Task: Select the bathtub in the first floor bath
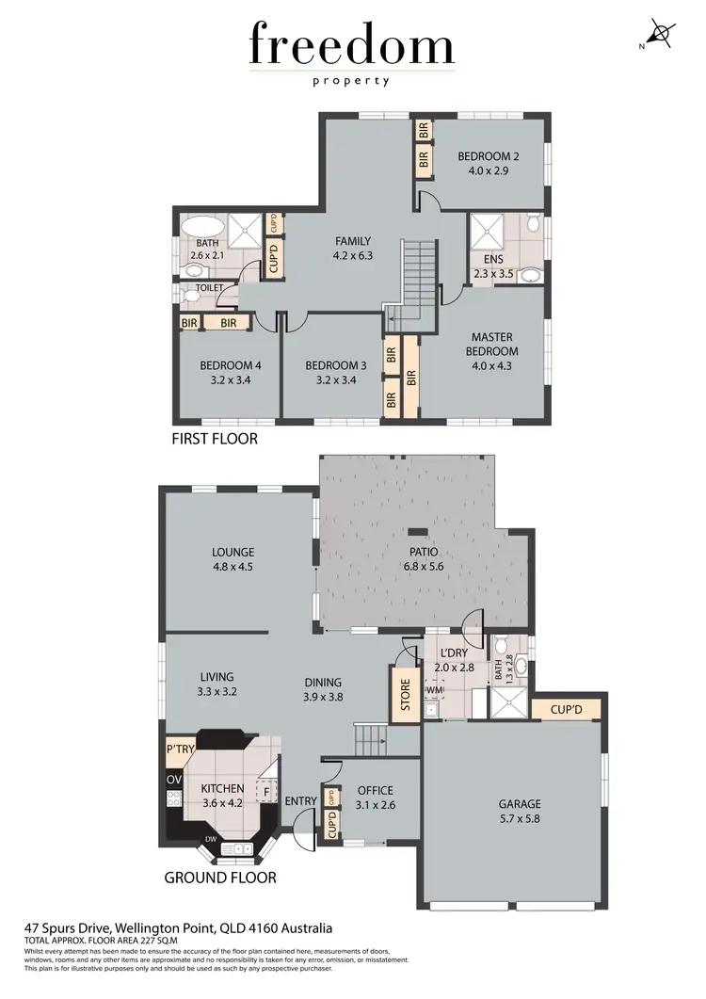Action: point(201,227)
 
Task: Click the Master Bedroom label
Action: point(494,345)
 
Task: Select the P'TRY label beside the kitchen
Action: point(179,749)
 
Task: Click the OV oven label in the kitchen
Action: point(174,781)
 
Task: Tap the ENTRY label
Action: point(301,800)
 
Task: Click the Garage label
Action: point(520,804)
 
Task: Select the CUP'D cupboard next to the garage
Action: point(565,709)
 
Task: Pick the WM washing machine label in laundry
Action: point(434,691)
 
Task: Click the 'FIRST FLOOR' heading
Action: point(214,439)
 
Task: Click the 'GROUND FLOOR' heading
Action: point(220,877)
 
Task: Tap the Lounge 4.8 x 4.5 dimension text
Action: point(233,567)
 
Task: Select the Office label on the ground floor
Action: point(376,790)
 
